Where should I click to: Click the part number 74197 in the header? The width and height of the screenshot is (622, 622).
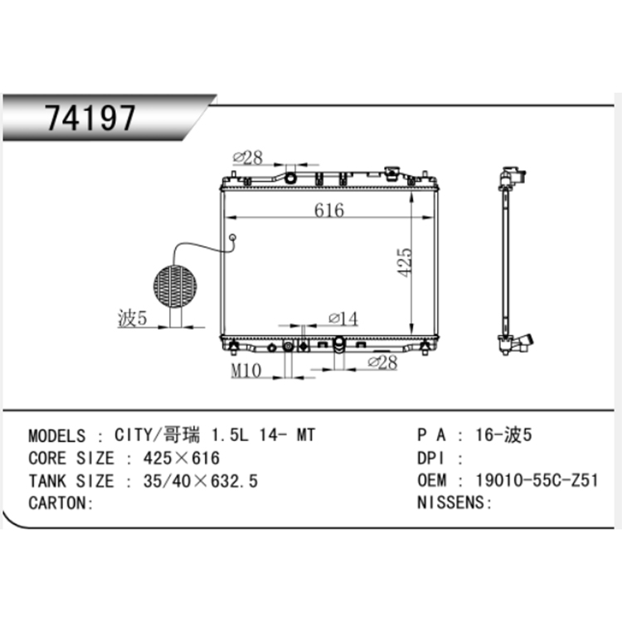(90, 118)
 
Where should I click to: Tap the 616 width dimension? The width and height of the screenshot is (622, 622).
(329, 211)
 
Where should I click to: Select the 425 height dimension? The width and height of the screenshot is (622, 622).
(405, 262)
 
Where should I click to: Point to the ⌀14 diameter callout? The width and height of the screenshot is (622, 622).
(343, 318)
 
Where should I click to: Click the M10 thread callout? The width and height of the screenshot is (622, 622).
(246, 371)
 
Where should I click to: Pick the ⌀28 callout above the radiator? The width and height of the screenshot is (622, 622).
(247, 158)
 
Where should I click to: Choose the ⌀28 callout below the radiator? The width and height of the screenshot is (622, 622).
(382, 362)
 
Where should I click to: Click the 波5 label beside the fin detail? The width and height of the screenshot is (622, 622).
(132, 319)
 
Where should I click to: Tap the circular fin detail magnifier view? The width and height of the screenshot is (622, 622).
(174, 285)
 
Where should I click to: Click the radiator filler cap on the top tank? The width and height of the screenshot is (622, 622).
(393, 174)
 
